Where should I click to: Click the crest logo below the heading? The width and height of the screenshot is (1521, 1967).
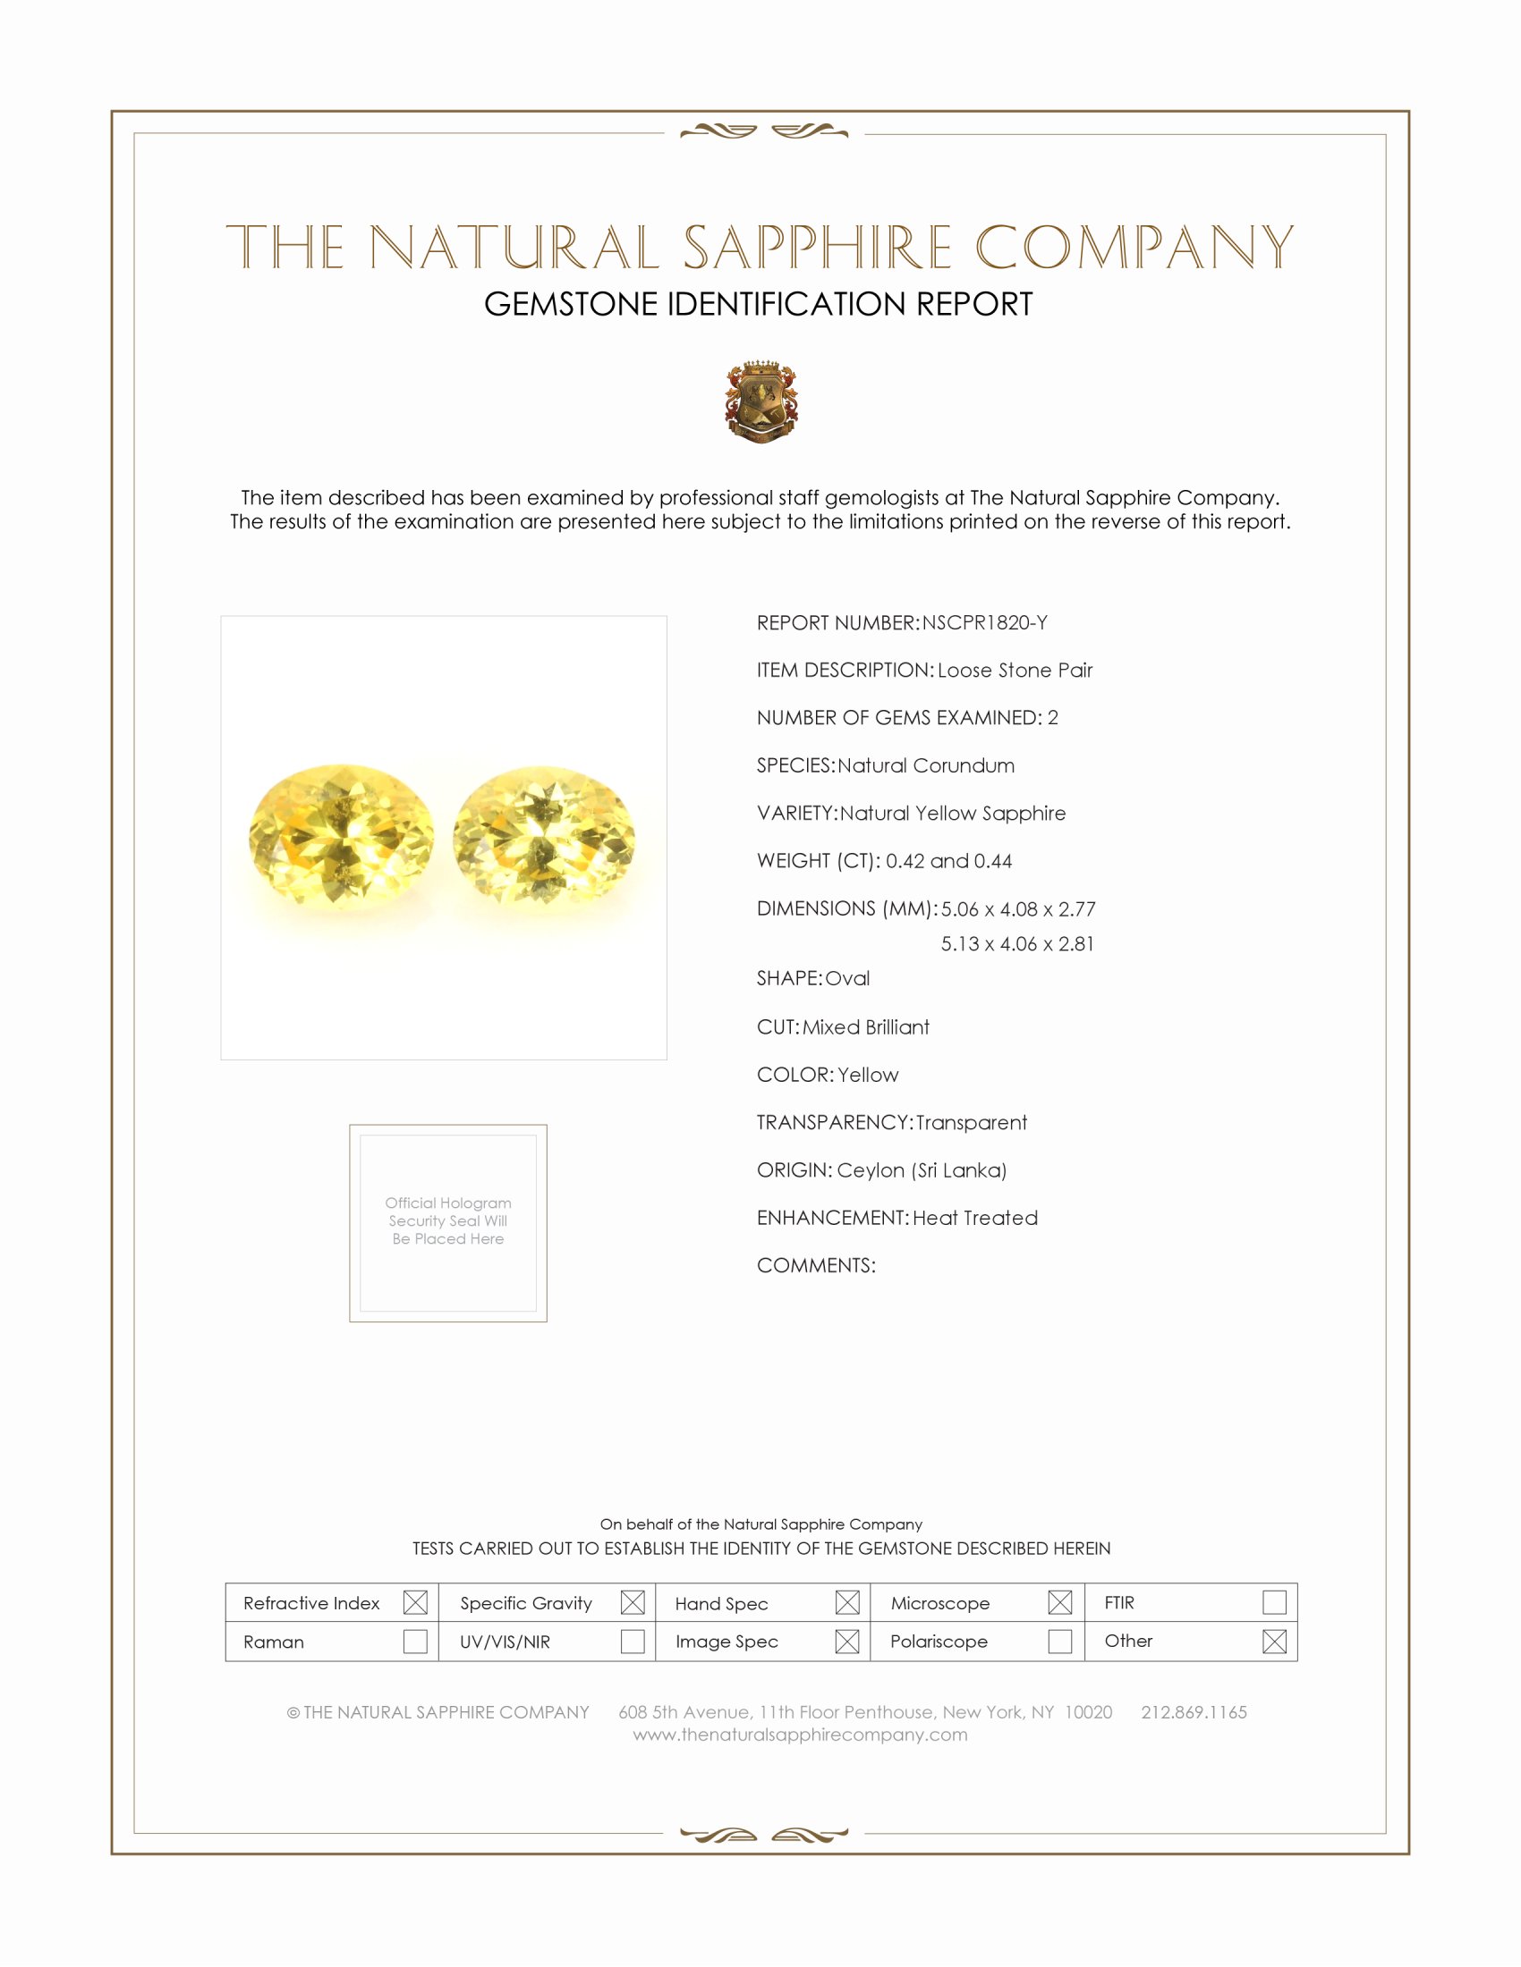[x=761, y=401]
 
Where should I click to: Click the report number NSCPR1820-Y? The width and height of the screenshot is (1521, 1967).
[x=984, y=622]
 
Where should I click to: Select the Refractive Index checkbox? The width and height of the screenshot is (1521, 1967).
[x=415, y=1602]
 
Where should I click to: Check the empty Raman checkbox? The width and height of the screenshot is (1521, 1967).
[x=415, y=1641]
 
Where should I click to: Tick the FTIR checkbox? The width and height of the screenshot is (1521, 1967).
[x=1274, y=1602]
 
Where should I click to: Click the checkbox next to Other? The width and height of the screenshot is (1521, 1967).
[x=1274, y=1641]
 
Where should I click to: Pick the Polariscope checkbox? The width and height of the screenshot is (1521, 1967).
[x=1059, y=1641]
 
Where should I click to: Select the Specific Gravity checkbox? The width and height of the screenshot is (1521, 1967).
[x=633, y=1602]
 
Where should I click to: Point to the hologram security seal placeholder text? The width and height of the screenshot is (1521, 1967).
[x=448, y=1220]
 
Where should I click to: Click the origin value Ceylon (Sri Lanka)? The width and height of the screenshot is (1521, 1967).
[x=921, y=1170]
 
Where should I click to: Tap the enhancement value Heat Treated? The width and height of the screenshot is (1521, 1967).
[x=975, y=1218]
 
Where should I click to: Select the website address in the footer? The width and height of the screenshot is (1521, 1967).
[x=800, y=1735]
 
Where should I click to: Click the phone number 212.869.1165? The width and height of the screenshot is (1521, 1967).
[x=1194, y=1712]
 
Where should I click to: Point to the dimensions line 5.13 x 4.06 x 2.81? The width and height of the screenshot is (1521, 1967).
[x=1017, y=944]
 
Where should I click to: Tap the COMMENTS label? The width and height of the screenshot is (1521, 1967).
[x=815, y=1265]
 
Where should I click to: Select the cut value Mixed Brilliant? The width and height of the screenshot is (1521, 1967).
[x=866, y=1026]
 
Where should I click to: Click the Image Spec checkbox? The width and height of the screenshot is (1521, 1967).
[x=847, y=1641]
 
